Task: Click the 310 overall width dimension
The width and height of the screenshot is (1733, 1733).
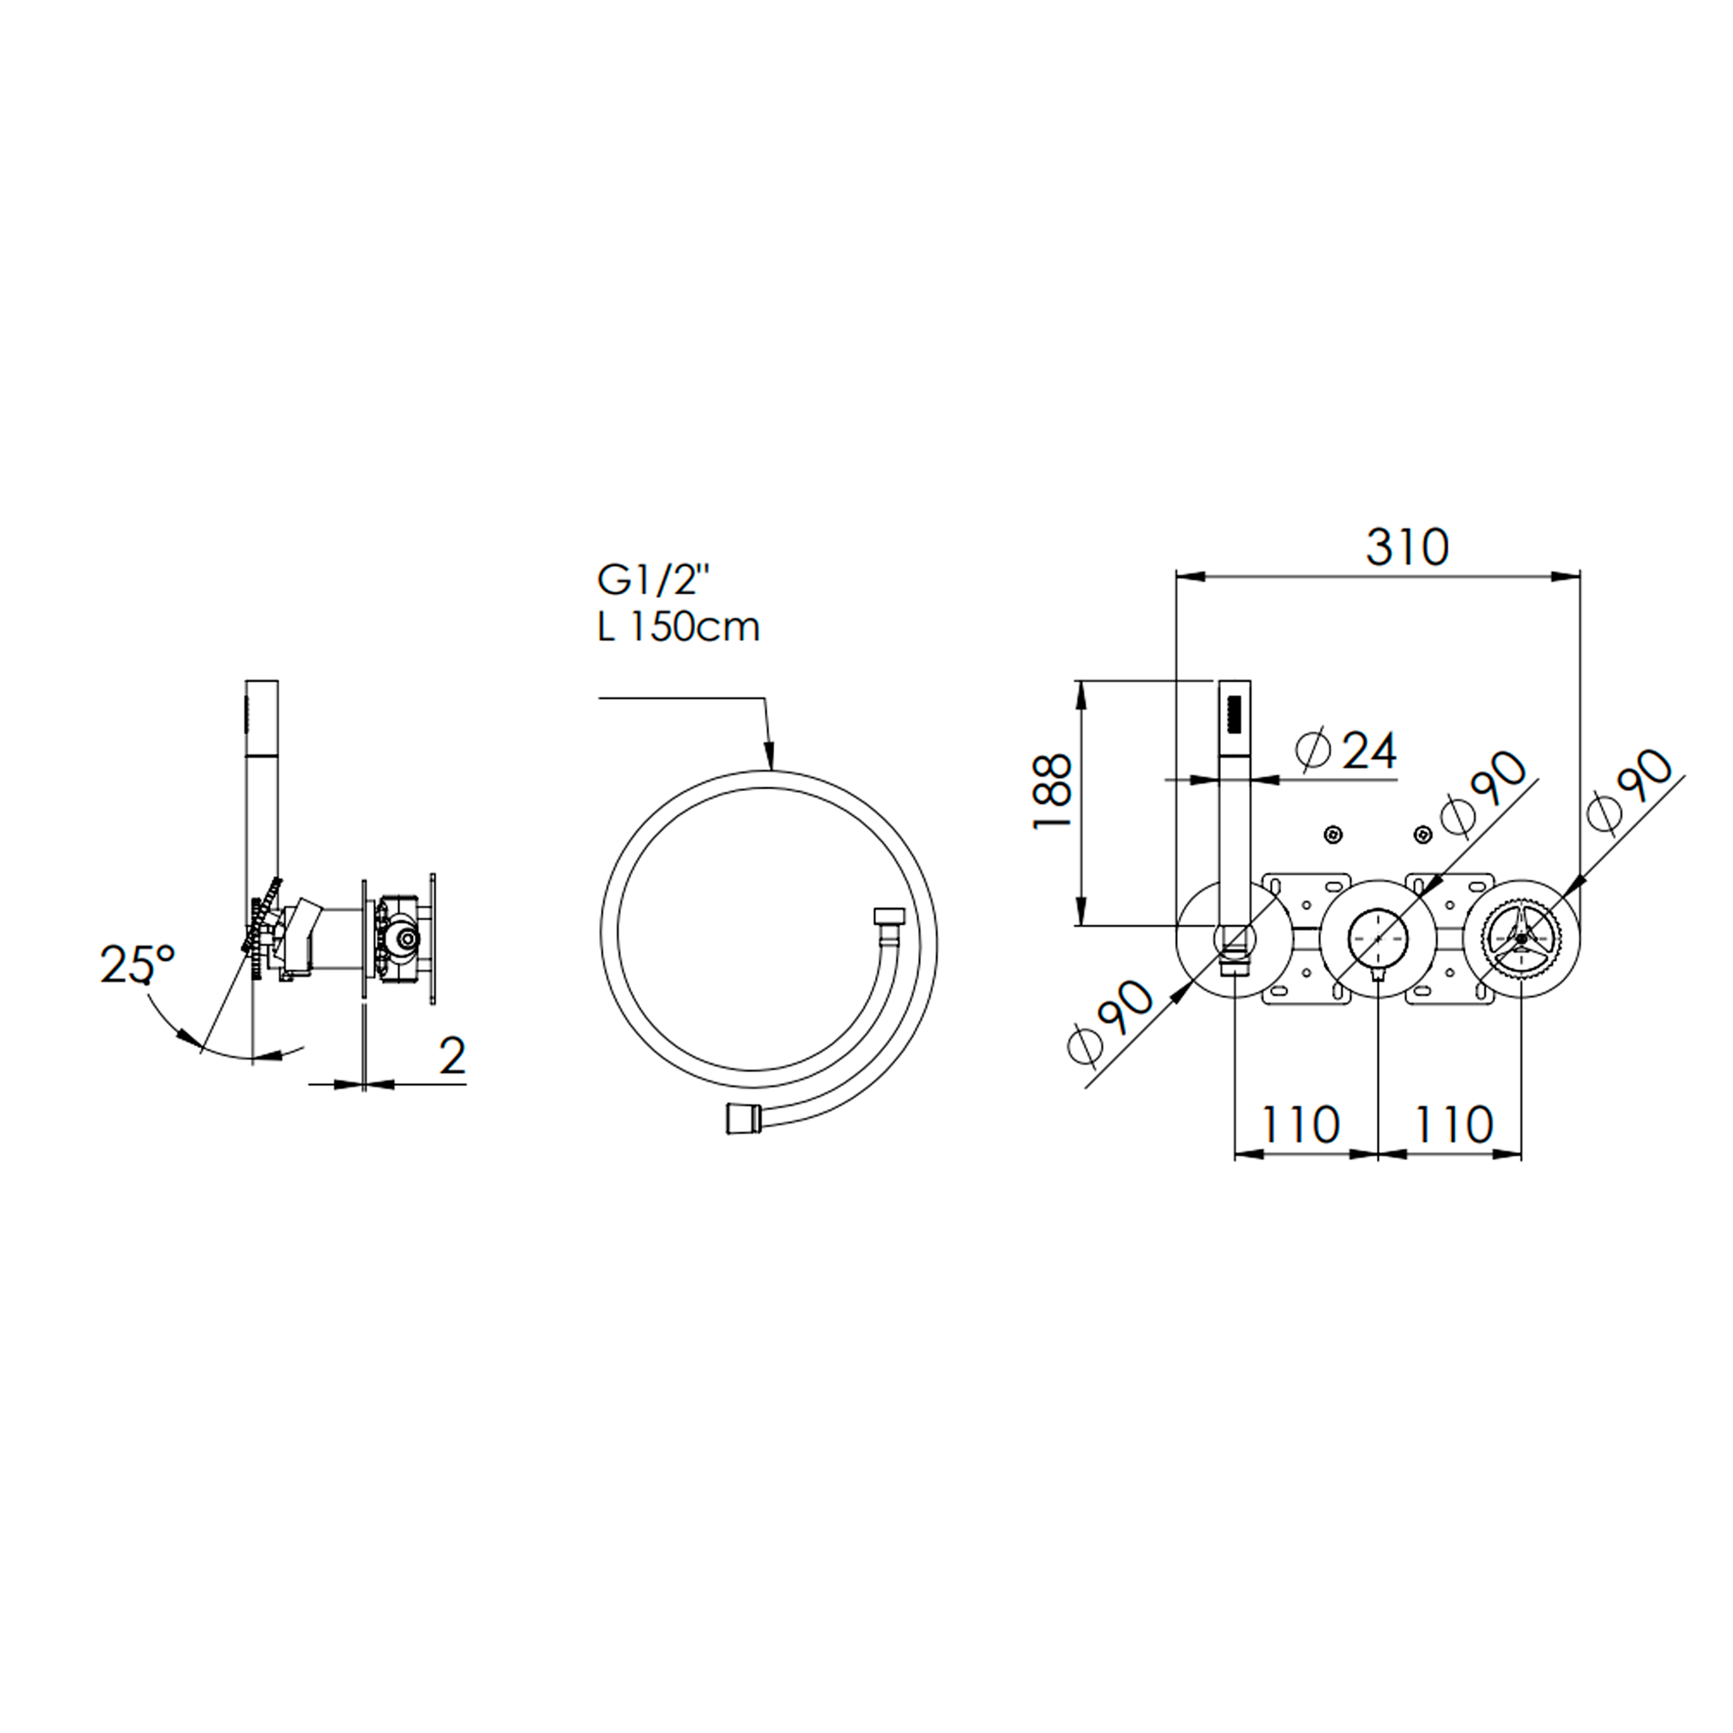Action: tap(1406, 547)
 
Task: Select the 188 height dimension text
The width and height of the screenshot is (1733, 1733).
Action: tap(1052, 791)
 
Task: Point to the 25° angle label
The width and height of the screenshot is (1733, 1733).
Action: tap(137, 965)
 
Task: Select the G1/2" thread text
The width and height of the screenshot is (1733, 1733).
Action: tap(653, 581)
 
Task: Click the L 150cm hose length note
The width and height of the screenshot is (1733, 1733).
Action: tap(678, 626)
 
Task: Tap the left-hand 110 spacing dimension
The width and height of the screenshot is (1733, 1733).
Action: tap(1301, 1124)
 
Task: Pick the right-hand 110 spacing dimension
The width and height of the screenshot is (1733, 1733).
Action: tap(1454, 1124)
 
